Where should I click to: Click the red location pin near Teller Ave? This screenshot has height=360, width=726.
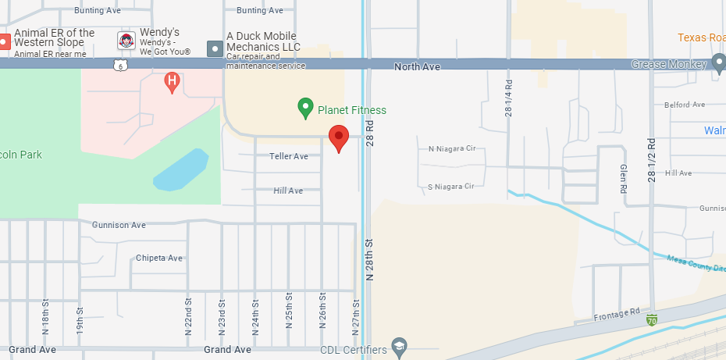point(338,137)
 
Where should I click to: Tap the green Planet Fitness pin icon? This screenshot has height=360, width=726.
point(306,108)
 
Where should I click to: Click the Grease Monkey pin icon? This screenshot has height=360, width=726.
point(719,64)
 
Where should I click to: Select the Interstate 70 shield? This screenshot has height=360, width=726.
point(651,319)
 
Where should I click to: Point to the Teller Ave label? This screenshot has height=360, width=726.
point(289,156)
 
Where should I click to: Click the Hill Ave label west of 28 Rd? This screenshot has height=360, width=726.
point(288,191)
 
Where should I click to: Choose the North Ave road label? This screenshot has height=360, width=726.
point(417,67)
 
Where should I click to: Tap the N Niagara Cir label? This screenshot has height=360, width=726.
point(452,148)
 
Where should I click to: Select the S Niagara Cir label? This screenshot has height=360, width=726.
point(451,187)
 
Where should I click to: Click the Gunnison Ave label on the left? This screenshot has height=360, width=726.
point(119,225)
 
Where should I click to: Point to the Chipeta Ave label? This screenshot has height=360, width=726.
point(158,258)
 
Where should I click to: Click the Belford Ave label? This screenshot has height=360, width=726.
point(684,105)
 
